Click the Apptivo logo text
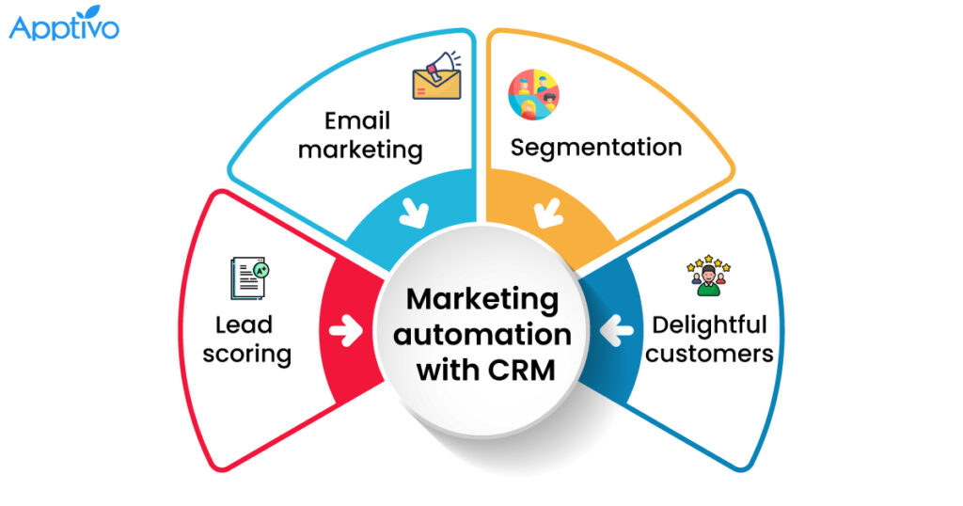pos(64,27)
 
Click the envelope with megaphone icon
pos(436,75)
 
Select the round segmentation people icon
pos(533,95)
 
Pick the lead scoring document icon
pos(249,278)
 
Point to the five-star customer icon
pos(709,276)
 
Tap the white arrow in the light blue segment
pos(414,213)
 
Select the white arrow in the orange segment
pos(548,213)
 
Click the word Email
pos(356,120)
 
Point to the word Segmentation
pos(596,148)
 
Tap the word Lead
pos(244,324)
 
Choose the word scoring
pos(247,355)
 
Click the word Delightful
pos(709,324)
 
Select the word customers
pos(709,355)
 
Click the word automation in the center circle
pos(482,335)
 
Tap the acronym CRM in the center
pos(521,371)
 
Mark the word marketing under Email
pos(360,150)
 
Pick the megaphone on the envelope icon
pos(444,65)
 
